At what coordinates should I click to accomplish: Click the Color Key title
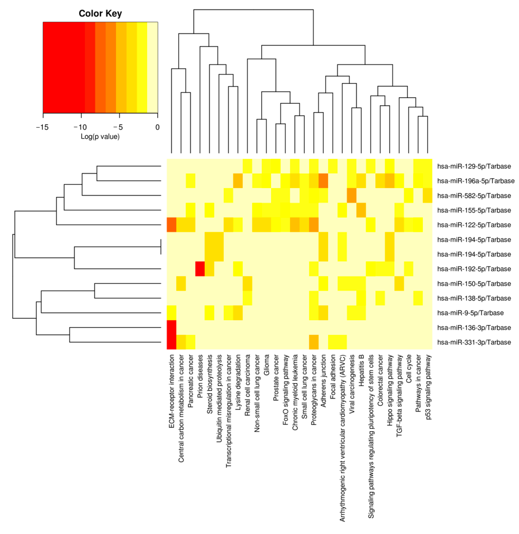tap(100, 13)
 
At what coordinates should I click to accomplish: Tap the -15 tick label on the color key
tap(42, 127)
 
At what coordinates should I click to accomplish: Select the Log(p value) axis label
tap(100, 136)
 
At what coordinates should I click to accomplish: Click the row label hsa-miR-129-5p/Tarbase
tap(474, 166)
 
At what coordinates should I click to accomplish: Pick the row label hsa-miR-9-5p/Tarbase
tap(470, 313)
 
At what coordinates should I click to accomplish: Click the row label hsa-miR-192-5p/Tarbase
tap(474, 269)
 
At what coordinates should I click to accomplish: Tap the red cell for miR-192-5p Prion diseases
tap(200, 269)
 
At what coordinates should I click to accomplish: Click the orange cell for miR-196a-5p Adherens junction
tap(323, 181)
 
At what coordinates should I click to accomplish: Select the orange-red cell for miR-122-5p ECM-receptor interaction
tap(172, 225)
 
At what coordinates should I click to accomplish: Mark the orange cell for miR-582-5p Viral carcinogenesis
tap(352, 195)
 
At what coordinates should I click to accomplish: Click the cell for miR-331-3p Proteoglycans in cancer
tap(314, 342)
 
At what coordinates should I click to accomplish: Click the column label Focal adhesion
tap(333, 377)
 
